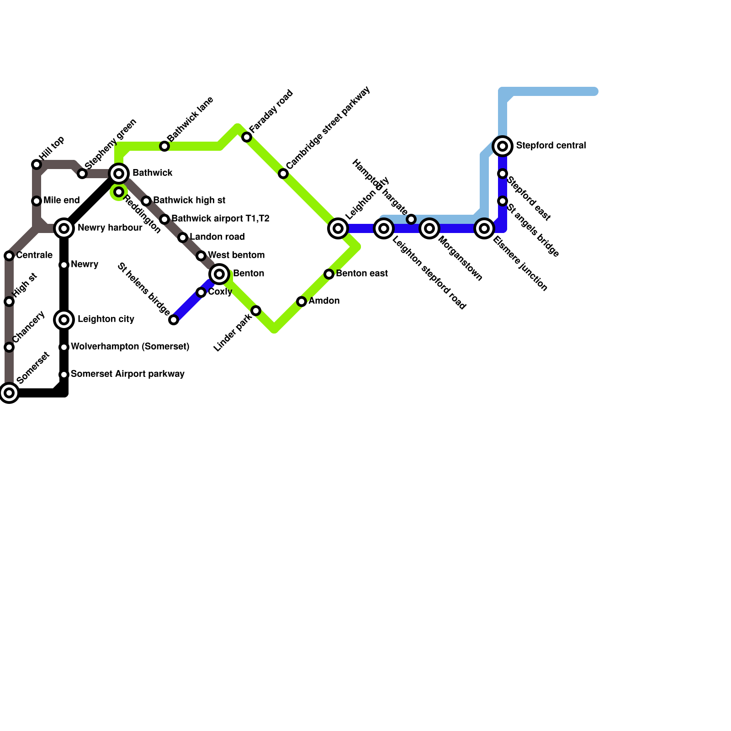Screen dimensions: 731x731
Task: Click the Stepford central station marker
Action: (x=503, y=146)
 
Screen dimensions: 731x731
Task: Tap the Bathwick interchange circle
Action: (x=119, y=174)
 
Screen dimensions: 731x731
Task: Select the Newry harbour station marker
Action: (x=64, y=228)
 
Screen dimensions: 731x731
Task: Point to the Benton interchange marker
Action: (x=219, y=274)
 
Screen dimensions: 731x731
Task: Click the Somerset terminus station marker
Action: (x=9, y=393)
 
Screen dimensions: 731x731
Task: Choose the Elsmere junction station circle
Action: (x=484, y=228)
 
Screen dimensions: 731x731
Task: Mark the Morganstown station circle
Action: (x=429, y=228)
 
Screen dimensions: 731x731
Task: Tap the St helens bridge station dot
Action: (x=174, y=320)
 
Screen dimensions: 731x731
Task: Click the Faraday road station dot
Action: (x=247, y=137)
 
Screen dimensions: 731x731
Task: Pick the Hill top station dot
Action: (x=37, y=164)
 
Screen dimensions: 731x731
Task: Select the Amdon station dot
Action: (x=302, y=302)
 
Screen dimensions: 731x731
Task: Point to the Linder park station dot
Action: (x=256, y=311)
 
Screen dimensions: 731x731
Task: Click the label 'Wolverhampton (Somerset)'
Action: (x=130, y=347)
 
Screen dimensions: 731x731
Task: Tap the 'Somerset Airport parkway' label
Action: (x=127, y=374)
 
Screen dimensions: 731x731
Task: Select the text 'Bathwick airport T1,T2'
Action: (x=220, y=219)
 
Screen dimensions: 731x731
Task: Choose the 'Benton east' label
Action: (x=362, y=274)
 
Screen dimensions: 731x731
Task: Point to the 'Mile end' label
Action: (x=62, y=201)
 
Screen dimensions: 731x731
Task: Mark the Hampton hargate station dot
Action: (x=411, y=219)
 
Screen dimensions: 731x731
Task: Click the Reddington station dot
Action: (x=119, y=192)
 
